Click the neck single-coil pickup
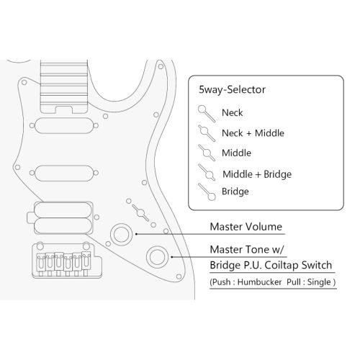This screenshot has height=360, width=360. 64,125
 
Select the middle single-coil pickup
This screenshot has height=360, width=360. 64,173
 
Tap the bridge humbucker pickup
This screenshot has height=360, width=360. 63,217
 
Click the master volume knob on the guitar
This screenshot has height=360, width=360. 121,235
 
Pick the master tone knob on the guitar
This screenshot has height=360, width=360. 157,256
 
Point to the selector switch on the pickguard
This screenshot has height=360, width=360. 140,213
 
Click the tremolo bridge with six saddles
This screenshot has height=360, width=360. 67,261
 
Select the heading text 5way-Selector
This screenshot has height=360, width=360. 232,90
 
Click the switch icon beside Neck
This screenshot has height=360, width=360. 206,114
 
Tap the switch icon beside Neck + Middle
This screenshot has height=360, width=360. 206,133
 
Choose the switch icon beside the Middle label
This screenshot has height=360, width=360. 206,153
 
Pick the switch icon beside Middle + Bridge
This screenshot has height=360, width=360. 207,172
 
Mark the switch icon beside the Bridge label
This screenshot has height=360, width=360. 207,192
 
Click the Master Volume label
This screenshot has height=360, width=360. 246,227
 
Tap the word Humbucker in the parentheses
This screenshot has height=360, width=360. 259,282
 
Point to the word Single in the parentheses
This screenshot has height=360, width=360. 319,282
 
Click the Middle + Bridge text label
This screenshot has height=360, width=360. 257,174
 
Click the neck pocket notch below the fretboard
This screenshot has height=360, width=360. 64,109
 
